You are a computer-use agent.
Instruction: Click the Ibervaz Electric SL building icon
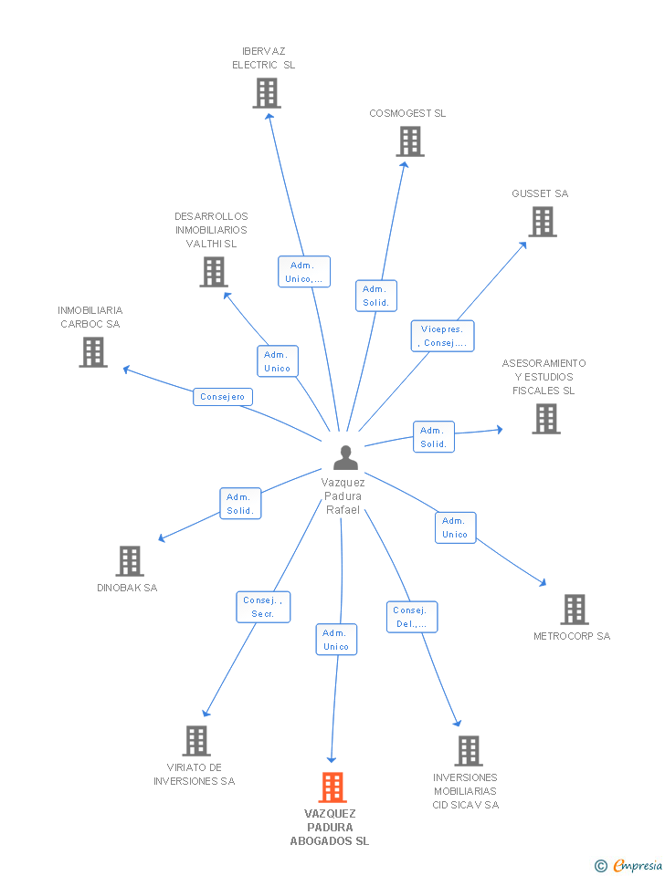[267, 93]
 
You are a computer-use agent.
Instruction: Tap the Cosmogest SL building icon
[410, 141]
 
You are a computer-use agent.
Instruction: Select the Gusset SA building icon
[542, 222]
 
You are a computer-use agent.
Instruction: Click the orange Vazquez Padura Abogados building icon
[332, 787]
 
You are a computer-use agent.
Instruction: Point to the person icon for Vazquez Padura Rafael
[345, 457]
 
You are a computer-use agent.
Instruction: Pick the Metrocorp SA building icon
[574, 609]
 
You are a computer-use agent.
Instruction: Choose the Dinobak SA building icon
[130, 560]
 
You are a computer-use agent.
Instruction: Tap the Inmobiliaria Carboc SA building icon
[93, 352]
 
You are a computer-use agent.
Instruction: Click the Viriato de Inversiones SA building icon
[196, 740]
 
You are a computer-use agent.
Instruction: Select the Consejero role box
[223, 397]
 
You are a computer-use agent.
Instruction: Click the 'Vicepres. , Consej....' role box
[442, 336]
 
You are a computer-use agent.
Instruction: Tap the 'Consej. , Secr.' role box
[263, 607]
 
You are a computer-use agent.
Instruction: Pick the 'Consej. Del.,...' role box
[411, 617]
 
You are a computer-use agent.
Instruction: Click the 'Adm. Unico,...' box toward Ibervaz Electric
[303, 272]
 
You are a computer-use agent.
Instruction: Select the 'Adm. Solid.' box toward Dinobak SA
[240, 504]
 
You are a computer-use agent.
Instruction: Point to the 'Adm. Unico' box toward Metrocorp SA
[454, 527]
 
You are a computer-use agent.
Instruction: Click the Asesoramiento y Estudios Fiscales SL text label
[544, 377]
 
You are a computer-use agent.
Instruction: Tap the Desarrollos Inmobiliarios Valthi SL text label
[211, 230]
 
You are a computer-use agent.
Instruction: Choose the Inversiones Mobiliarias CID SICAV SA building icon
[468, 750]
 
